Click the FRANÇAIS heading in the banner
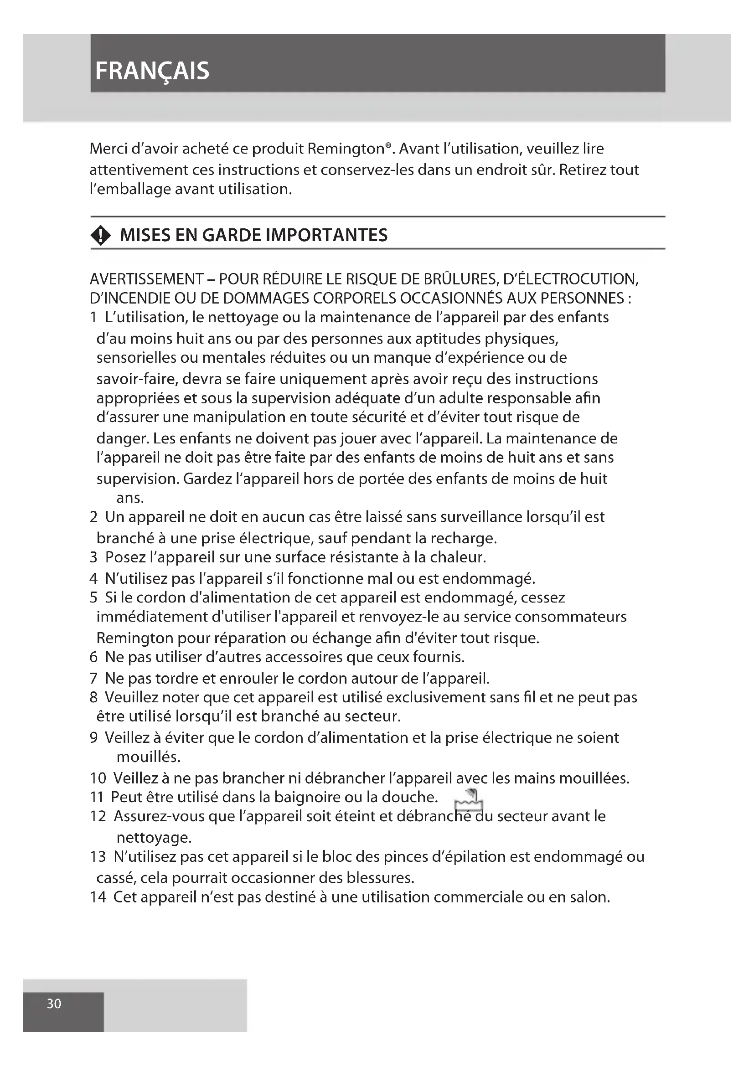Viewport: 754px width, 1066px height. (152, 71)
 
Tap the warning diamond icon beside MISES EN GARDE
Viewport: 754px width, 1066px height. (101, 236)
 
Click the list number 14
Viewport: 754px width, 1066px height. (98, 896)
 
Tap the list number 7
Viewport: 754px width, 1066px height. (93, 678)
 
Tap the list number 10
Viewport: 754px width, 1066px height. (98, 778)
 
